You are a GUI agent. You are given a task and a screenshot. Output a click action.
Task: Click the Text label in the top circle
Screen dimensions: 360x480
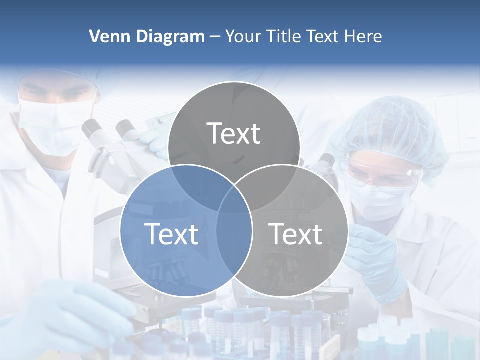tap(234, 133)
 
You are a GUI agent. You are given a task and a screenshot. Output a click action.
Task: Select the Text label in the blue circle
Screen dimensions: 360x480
tap(171, 234)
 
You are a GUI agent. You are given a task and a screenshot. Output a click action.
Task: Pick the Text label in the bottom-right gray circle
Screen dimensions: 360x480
tap(295, 234)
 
